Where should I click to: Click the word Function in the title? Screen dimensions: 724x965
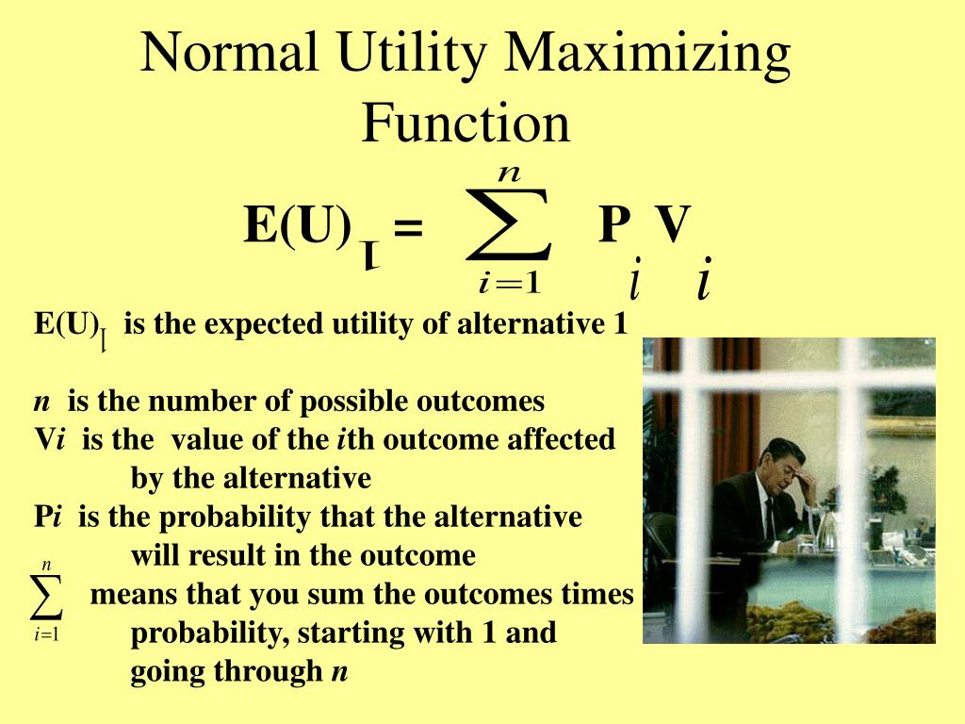[466, 123]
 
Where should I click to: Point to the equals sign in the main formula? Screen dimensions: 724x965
[408, 228]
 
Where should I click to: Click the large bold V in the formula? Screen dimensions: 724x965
[674, 224]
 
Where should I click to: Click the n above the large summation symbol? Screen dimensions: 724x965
[510, 173]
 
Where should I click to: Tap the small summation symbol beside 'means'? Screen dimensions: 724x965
[46, 596]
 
